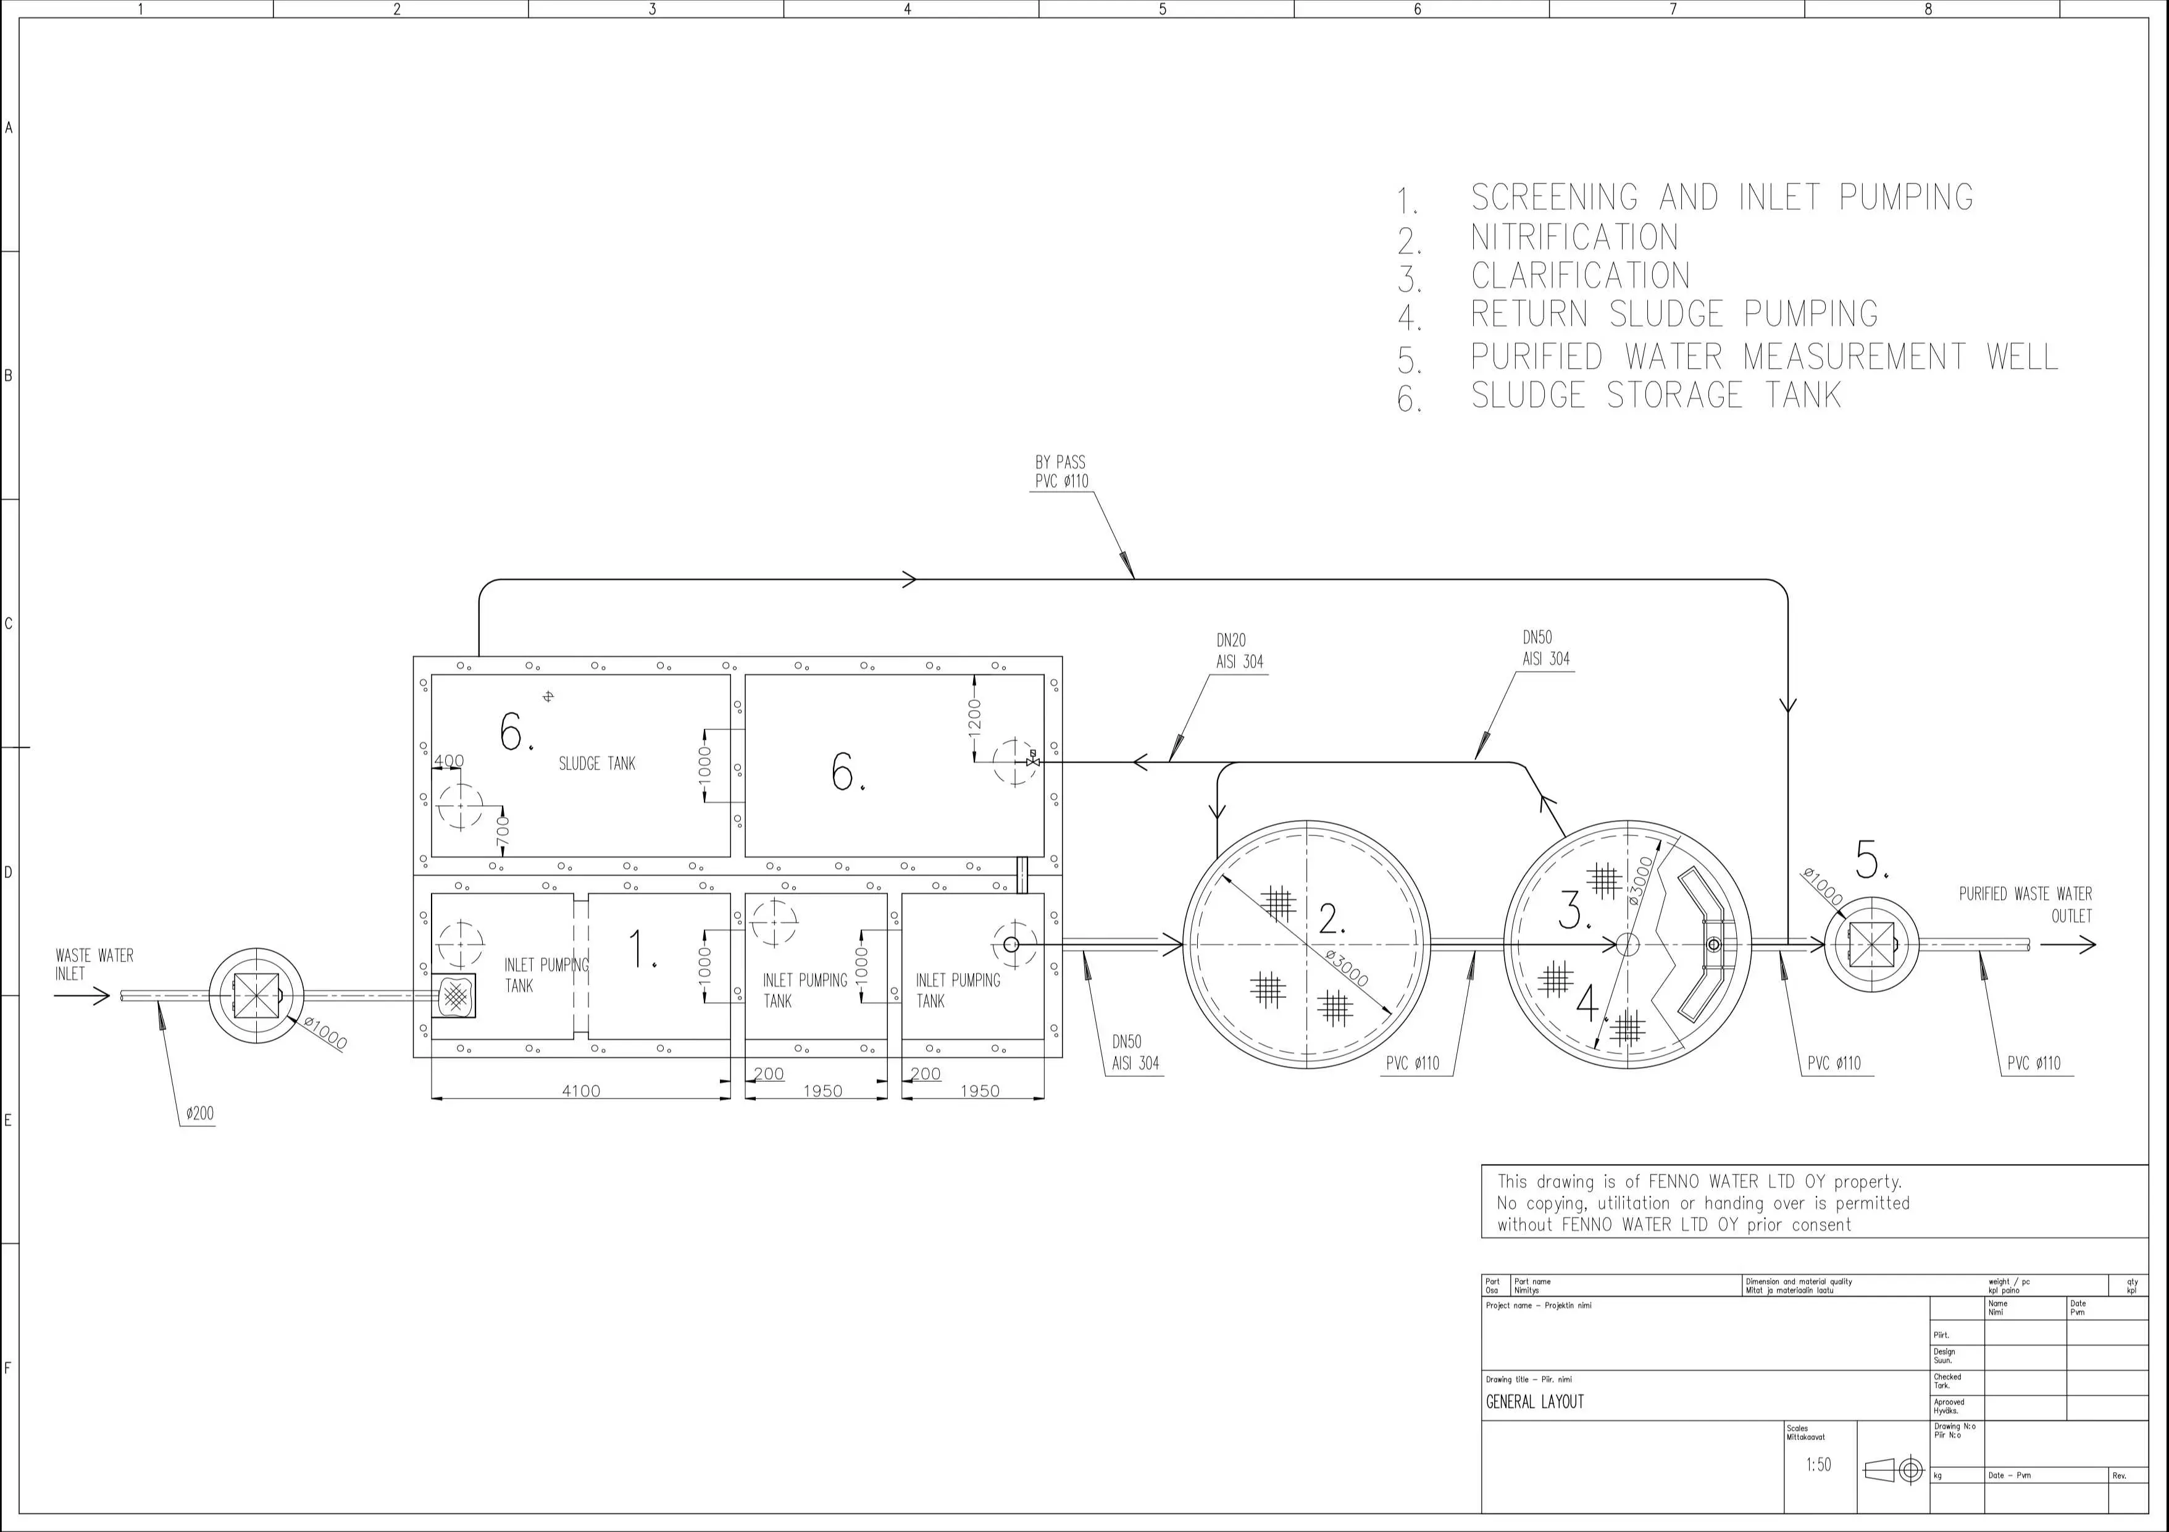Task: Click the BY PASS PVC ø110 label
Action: (x=1061, y=471)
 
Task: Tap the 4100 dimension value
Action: (x=581, y=1091)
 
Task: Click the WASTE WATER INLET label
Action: (x=94, y=965)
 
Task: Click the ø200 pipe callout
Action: (x=199, y=1113)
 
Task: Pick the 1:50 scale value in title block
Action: (x=1818, y=1465)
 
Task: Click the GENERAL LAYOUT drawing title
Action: (x=1534, y=1402)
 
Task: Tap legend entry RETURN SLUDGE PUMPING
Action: (x=1673, y=314)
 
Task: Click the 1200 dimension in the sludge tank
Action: (x=975, y=716)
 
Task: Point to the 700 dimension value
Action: (x=503, y=831)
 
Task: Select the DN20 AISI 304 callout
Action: (x=1239, y=651)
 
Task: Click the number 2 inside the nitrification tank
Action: (x=1331, y=918)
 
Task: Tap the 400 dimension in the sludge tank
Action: (x=449, y=760)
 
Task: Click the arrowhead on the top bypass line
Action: (x=909, y=579)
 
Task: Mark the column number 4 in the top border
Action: (x=907, y=9)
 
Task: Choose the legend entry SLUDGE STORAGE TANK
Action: (x=1655, y=395)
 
